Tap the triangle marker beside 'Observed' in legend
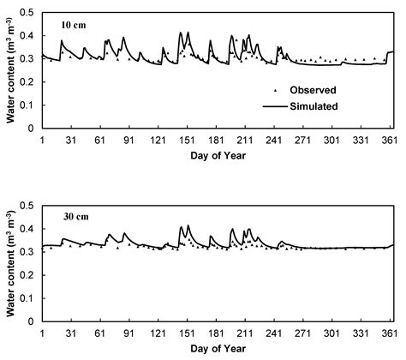click(275, 90)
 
